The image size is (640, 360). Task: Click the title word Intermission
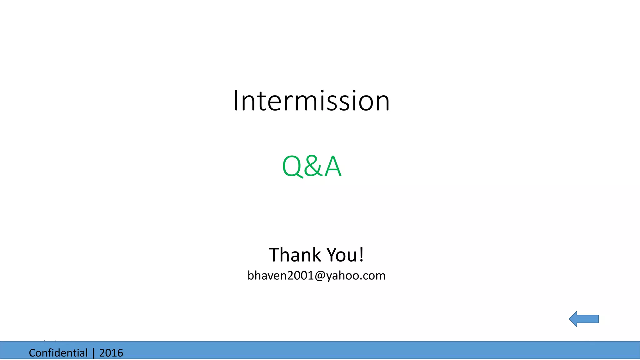tap(312, 101)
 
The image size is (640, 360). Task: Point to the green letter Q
tap(292, 166)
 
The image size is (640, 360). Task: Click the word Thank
tap(295, 255)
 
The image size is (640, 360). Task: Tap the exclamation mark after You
tap(361, 254)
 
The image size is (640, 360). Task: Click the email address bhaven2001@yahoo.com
tap(316, 275)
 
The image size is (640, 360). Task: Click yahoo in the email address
tap(341, 276)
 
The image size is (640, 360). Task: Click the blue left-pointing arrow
tap(584, 319)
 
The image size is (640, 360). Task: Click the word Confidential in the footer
tap(58, 353)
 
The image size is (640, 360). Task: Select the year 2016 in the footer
tap(111, 353)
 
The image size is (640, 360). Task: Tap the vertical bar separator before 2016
tap(93, 353)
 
